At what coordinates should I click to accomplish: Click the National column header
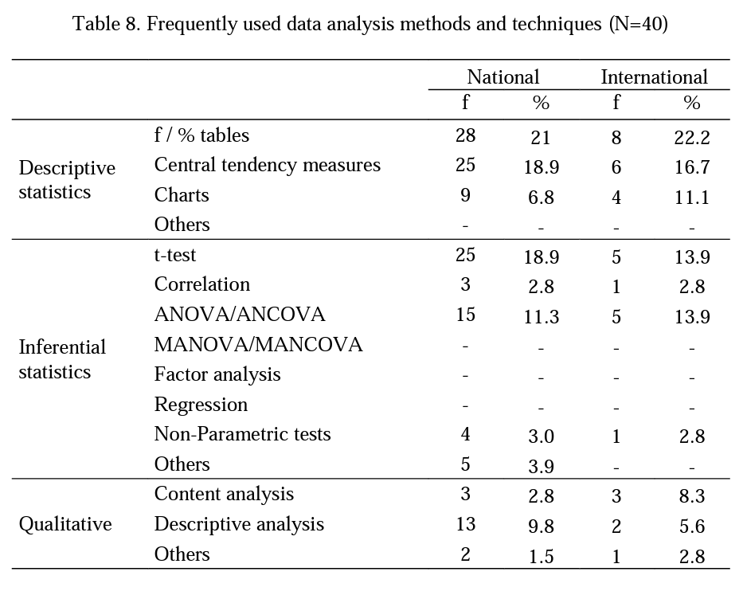pos(503,77)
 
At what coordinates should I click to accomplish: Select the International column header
pos(654,77)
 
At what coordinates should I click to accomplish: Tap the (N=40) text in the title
pos(638,24)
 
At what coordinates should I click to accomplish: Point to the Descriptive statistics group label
pos(67,180)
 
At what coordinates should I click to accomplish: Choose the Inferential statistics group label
pos(62,359)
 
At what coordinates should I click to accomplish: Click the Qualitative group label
pos(65,524)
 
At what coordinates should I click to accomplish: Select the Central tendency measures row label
pos(268,165)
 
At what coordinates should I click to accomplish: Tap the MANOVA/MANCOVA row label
pos(258,345)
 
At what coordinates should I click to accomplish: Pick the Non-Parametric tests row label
pos(242,434)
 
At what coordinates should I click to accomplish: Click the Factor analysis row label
pos(217,374)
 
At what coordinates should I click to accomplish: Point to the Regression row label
pos(201,405)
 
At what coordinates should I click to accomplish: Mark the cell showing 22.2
pos(691,138)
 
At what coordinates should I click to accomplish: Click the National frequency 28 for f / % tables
pos(465,135)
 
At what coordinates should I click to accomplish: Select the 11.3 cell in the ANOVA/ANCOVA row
pos(542,317)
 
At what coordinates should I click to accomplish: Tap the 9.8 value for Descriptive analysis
pos(542,527)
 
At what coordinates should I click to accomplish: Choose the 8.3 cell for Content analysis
pos(691,496)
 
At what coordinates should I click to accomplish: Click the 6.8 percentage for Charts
pos(542,198)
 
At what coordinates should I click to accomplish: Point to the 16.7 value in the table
pos(691,167)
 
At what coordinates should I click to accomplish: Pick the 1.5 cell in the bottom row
pos(542,557)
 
